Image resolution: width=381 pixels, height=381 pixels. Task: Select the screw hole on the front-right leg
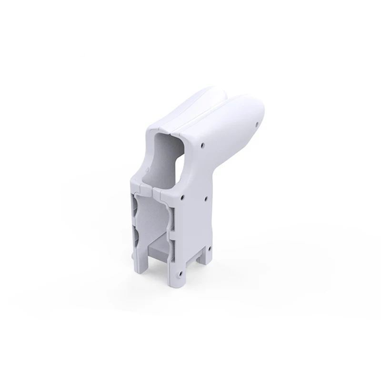click(x=180, y=274)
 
